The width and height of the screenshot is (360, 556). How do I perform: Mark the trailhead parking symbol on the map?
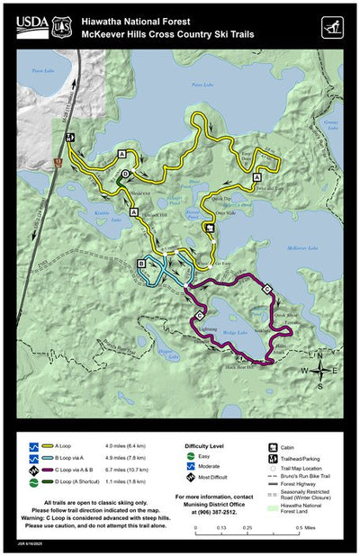pyautogui.click(x=69, y=138)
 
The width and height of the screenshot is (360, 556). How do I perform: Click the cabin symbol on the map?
pyautogui.click(x=209, y=229)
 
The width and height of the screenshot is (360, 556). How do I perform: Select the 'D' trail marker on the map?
pyautogui.click(x=126, y=174)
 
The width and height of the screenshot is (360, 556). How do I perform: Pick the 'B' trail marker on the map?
pyautogui.click(x=142, y=263)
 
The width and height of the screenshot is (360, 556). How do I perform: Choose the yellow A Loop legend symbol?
pyautogui.click(x=40, y=445)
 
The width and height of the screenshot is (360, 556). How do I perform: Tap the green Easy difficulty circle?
pyautogui.click(x=190, y=456)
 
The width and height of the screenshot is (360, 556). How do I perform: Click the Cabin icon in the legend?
pyautogui.click(x=272, y=446)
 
